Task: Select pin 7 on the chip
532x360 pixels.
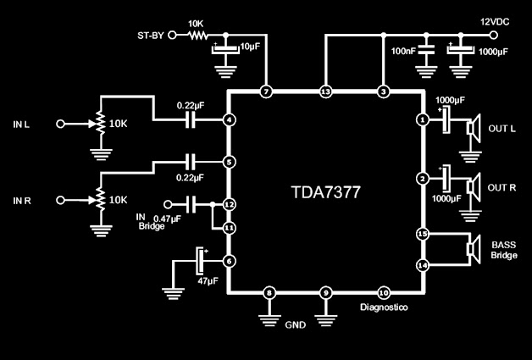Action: (266, 91)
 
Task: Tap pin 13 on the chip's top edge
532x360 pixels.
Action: (325, 91)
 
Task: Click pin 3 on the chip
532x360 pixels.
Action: (383, 91)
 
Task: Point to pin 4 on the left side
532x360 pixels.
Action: (229, 121)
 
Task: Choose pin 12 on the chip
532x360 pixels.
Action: (229, 204)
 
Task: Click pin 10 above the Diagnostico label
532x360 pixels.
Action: (383, 292)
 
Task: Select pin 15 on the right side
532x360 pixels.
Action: (422, 233)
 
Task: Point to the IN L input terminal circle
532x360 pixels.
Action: (60, 124)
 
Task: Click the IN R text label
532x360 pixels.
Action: (22, 201)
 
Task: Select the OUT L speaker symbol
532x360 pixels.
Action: (473, 127)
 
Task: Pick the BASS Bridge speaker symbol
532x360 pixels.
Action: (473, 249)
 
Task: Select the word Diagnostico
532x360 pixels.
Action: (384, 307)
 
